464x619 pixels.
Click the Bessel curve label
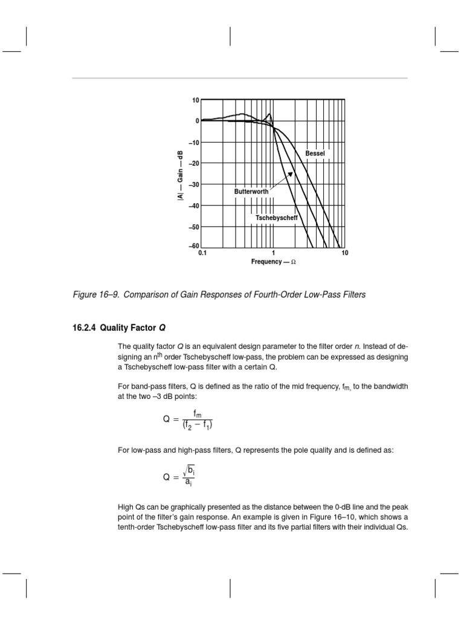point(315,154)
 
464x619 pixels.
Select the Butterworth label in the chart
point(251,192)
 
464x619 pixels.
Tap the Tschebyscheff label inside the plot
point(277,216)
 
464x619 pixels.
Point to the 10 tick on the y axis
point(196,100)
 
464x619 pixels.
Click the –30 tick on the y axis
point(193,184)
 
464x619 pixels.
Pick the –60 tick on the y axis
point(193,246)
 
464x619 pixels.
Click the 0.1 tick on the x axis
point(202,253)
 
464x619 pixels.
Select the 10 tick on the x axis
point(344,253)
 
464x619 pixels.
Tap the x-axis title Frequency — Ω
point(273,262)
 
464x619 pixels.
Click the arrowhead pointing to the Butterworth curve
point(291,174)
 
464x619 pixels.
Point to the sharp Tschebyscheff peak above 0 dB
point(269,114)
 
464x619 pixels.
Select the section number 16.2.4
point(83,328)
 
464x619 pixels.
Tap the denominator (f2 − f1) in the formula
point(195,424)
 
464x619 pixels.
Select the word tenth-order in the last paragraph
point(138,527)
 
